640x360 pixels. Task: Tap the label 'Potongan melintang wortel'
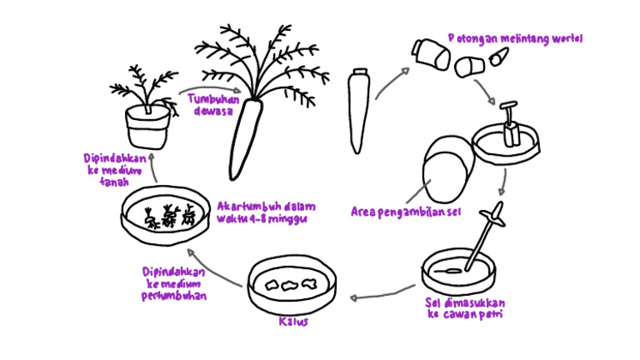pos(515,38)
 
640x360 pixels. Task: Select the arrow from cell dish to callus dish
pos(380,292)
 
